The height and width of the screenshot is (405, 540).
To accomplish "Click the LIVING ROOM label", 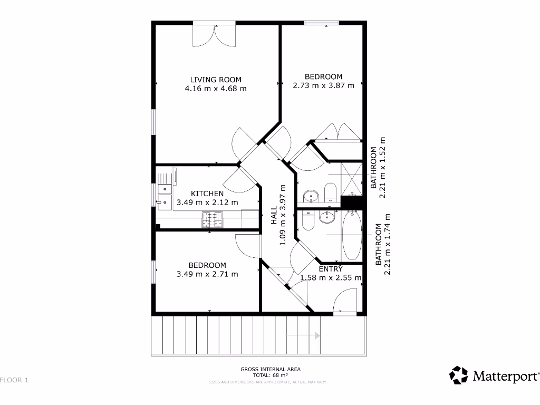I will (x=216, y=80).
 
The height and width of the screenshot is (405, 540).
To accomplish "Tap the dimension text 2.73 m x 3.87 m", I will (x=323, y=85).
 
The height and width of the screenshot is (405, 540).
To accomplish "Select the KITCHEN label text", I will (x=207, y=194).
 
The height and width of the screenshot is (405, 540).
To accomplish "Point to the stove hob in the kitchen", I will (x=213, y=220).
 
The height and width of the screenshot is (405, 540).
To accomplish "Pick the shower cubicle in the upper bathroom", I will (x=352, y=179).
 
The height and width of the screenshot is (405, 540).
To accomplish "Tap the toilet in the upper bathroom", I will (x=331, y=192).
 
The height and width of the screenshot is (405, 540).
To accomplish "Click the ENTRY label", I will (x=331, y=269).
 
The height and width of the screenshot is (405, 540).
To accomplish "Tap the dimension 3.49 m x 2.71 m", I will (x=207, y=274).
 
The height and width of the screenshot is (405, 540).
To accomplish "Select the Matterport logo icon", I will (x=458, y=375).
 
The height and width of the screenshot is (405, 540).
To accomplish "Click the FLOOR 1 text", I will (x=14, y=380).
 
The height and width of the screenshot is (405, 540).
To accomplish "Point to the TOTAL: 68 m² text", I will (x=271, y=375).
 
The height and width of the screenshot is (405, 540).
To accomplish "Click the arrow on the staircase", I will (x=316, y=335).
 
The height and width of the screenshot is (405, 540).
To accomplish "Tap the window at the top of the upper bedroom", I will (x=322, y=23).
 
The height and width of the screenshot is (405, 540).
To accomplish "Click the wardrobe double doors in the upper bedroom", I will (x=337, y=132).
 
